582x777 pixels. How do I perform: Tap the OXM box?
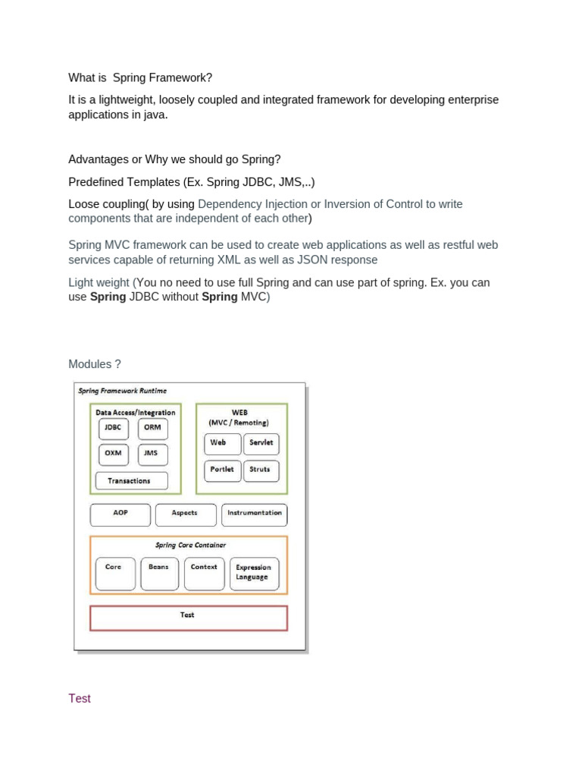coord(112,455)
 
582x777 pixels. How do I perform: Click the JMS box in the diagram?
coord(152,455)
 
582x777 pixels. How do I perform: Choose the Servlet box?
coord(261,444)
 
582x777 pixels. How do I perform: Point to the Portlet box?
coord(222,470)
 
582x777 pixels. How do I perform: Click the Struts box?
coord(261,470)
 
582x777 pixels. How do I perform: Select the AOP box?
coord(120,514)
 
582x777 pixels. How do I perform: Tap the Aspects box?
coord(185,514)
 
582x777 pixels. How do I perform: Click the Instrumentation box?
coord(254,514)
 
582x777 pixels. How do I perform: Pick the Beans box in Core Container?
coord(159,574)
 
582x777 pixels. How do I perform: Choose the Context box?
coord(204,574)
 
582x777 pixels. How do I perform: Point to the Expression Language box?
coord(253,574)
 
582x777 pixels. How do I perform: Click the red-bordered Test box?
coord(188,618)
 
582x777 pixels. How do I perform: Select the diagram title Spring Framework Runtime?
coord(123,391)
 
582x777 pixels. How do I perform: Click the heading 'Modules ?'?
coord(95,364)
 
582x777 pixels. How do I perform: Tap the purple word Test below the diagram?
coord(80,698)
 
